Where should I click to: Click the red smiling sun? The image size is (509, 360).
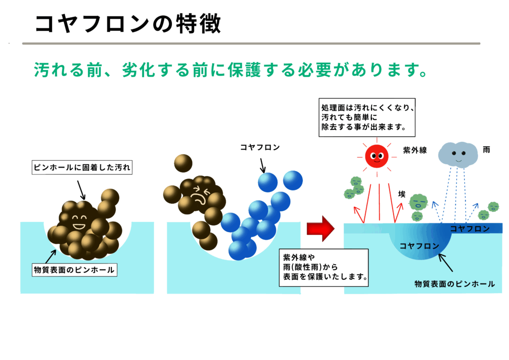click(x=377, y=157)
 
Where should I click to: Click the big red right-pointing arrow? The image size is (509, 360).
click(x=321, y=229)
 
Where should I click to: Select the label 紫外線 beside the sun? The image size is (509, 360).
click(x=415, y=150)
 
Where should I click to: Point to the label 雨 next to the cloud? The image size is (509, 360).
click(x=486, y=150)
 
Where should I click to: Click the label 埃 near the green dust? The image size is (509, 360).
click(x=402, y=194)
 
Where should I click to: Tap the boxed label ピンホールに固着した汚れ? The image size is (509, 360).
click(x=82, y=168)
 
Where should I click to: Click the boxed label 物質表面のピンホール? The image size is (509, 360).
click(x=75, y=270)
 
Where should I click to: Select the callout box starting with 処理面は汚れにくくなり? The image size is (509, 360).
click(x=367, y=117)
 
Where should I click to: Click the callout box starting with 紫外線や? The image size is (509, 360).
click(x=324, y=268)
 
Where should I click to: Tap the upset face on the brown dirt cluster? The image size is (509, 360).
click(x=200, y=195)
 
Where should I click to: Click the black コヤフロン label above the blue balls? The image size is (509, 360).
click(x=259, y=147)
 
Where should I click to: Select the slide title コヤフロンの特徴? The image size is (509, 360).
click(x=128, y=24)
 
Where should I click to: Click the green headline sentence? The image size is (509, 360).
click(x=231, y=70)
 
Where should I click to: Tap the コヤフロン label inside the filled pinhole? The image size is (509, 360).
click(x=419, y=246)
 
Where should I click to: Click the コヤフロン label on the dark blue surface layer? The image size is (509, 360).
click(x=469, y=229)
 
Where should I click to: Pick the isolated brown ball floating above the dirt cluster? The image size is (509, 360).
click(x=183, y=163)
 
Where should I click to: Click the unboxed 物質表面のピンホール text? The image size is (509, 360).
click(x=454, y=284)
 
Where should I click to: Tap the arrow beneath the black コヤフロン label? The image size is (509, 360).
click(x=262, y=166)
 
